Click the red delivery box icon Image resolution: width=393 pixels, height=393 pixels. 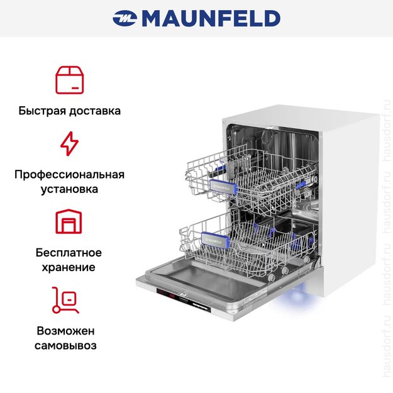click(x=69, y=79)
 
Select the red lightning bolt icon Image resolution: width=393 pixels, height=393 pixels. click(x=69, y=143)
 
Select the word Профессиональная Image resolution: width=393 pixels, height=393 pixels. click(x=69, y=174)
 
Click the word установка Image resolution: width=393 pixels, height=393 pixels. click(x=69, y=189)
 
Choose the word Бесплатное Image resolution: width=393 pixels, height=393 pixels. click(x=69, y=252)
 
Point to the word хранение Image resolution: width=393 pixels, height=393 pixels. click(x=69, y=267)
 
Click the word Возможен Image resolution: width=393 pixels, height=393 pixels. click(x=69, y=330)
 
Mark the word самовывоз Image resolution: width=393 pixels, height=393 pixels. click(x=69, y=345)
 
